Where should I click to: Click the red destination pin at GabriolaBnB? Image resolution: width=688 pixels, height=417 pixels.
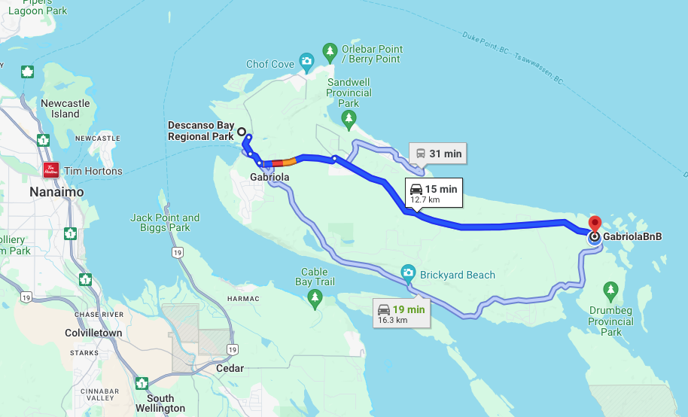[x=595, y=224]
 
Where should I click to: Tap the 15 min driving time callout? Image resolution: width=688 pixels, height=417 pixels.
[x=433, y=193]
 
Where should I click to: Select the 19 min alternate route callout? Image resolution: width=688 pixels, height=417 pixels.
[x=401, y=313]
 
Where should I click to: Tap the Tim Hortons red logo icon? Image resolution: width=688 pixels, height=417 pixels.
[x=51, y=170]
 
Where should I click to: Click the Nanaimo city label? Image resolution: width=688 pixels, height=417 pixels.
[x=56, y=192]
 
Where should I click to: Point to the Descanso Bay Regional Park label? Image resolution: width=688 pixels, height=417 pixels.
[x=201, y=131]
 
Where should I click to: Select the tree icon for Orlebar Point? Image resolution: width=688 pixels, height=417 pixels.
[x=330, y=51]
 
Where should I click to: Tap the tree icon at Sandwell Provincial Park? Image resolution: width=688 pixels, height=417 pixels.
[x=349, y=117]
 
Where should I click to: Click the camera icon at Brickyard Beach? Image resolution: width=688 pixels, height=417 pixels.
[x=408, y=272]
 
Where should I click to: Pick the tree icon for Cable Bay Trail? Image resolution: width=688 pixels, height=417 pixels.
[x=315, y=299]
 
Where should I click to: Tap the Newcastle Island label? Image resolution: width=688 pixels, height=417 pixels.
[x=65, y=108]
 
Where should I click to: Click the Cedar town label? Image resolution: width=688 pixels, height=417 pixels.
[x=230, y=368]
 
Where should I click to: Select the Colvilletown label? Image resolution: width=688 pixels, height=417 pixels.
[x=93, y=333]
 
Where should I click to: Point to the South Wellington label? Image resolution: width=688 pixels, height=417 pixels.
[x=160, y=403]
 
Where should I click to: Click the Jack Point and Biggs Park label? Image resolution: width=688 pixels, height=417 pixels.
[x=165, y=222]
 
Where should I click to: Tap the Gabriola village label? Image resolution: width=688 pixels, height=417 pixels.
[x=269, y=177]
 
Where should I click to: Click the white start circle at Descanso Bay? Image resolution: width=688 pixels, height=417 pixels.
[x=242, y=132]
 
